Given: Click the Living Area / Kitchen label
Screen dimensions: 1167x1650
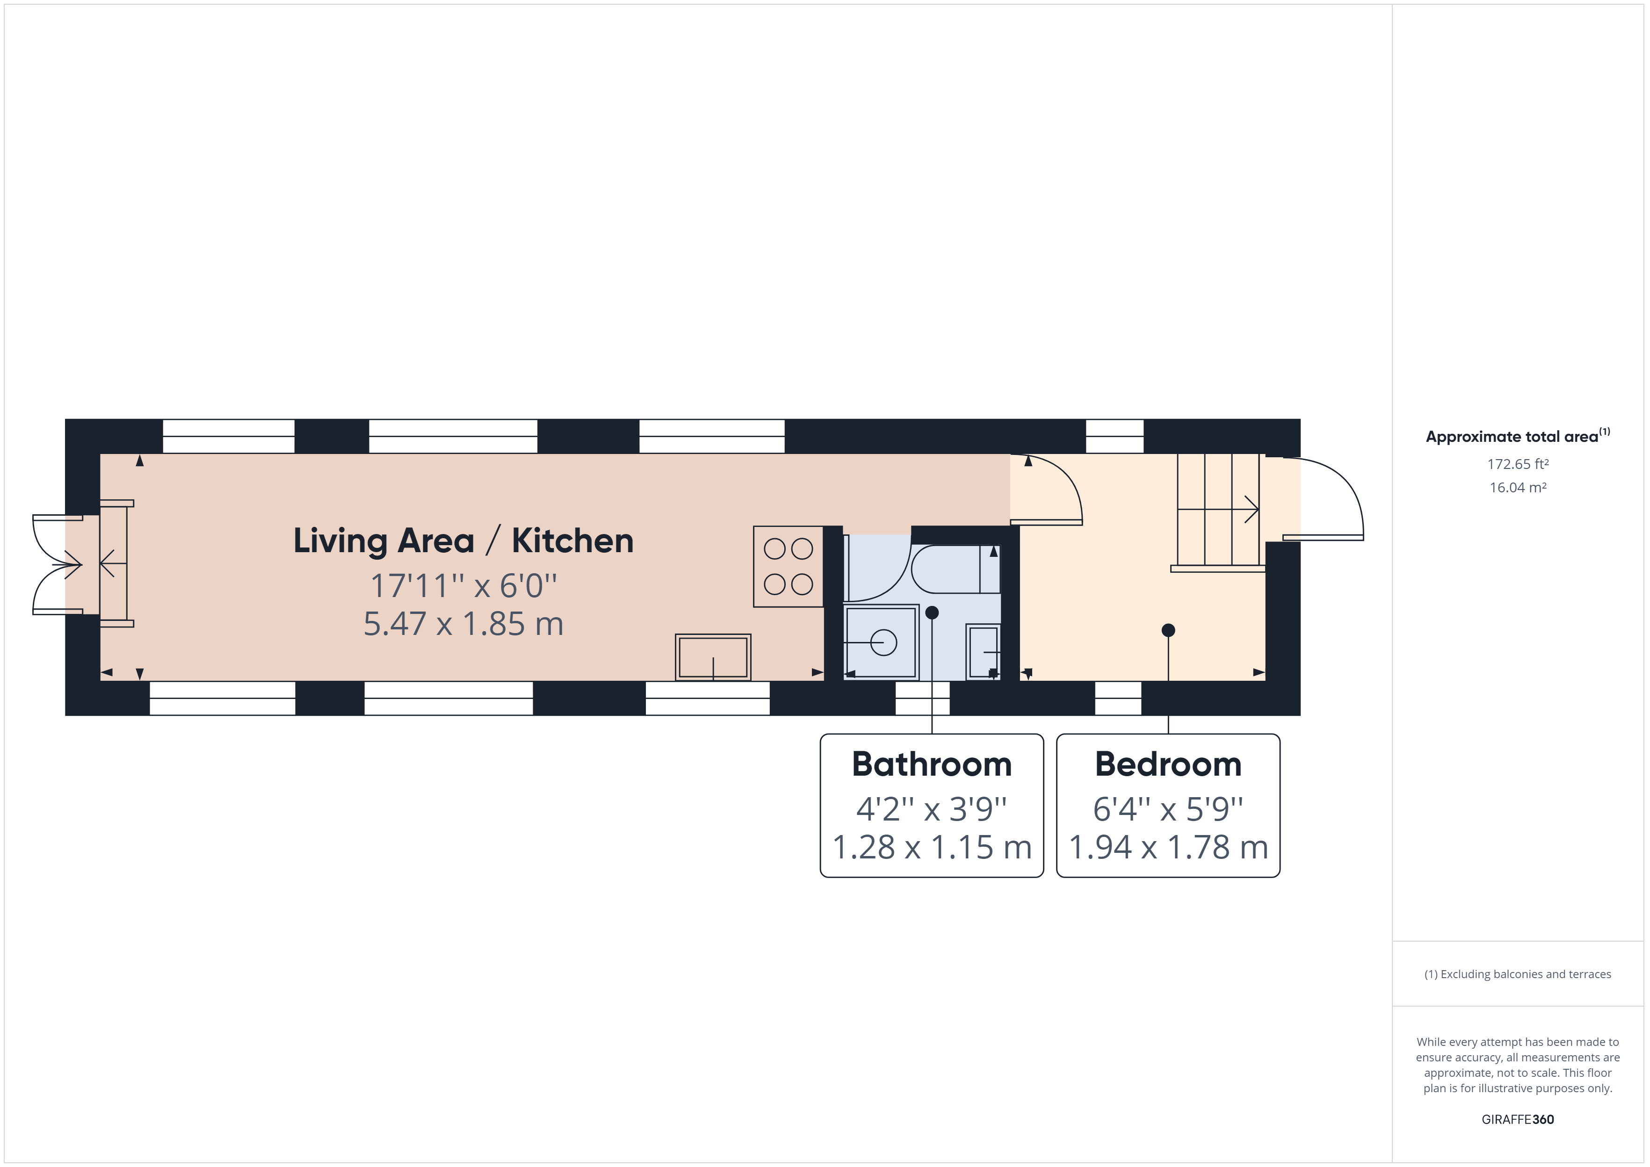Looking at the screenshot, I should [x=463, y=541].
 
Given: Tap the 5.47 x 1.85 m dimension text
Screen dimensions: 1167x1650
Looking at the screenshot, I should [x=463, y=624].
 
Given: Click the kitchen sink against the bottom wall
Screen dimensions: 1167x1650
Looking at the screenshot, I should [x=713, y=657].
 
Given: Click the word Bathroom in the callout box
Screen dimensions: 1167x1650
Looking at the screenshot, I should [x=931, y=764].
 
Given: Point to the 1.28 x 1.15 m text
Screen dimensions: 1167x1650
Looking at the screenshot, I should [x=931, y=847].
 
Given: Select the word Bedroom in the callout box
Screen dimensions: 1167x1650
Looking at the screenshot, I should [x=1168, y=764].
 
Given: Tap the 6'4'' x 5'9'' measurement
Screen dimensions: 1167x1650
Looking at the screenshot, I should [x=1168, y=809].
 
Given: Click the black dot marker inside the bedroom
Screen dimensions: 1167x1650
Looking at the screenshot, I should [x=1168, y=630].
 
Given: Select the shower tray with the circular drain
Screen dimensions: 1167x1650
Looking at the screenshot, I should [x=881, y=641].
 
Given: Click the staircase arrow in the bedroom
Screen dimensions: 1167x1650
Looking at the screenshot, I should [x=1251, y=510].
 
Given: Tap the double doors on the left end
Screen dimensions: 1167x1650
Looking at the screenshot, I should [x=58, y=565].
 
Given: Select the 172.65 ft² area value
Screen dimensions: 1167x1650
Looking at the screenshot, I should [x=1518, y=464].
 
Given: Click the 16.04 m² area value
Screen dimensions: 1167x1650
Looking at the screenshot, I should [x=1518, y=487].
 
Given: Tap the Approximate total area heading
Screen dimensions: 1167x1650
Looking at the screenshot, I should [x=1516, y=436].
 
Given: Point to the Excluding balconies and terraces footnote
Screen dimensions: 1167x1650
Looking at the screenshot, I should [x=1518, y=974].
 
